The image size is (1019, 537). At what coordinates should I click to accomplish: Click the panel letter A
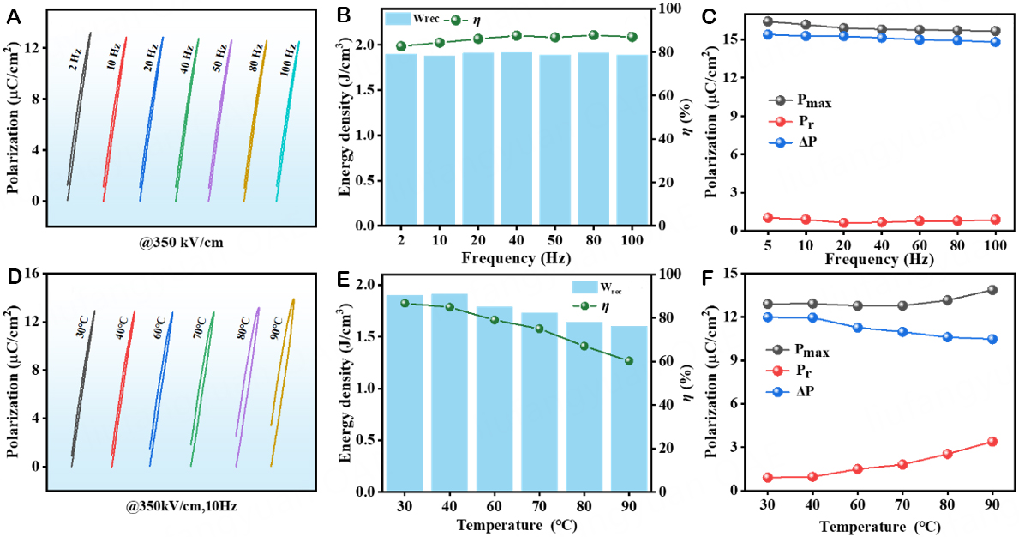click(14, 15)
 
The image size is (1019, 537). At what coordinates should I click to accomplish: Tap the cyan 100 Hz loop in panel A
click(288, 120)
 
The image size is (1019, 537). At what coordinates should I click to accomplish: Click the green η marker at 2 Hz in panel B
click(401, 46)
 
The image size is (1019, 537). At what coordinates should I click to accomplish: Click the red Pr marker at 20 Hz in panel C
click(844, 223)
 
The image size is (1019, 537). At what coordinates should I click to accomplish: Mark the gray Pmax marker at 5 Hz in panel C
click(768, 21)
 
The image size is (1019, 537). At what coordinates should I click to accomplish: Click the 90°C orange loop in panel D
click(282, 377)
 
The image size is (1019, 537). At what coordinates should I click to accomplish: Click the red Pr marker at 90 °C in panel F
click(992, 442)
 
